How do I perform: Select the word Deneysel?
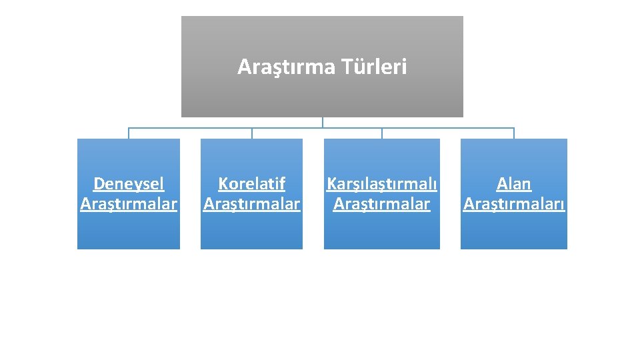129,183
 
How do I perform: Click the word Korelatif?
251,183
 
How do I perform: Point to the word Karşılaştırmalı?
381,183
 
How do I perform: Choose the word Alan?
514,183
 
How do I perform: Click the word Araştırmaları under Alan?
514,204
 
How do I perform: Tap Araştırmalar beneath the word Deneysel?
129,204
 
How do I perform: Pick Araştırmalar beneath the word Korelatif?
251,204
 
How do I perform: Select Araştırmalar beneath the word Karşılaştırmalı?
381,204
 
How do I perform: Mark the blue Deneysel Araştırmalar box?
129,230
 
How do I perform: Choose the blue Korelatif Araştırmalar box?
251,230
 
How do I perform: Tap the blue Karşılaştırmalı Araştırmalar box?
381,230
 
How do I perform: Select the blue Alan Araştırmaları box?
514,230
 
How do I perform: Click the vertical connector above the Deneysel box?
129,133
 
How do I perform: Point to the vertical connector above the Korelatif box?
252,133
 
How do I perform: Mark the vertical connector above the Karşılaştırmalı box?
382,133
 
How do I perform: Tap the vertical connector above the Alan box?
514,133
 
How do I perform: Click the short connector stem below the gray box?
323,122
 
